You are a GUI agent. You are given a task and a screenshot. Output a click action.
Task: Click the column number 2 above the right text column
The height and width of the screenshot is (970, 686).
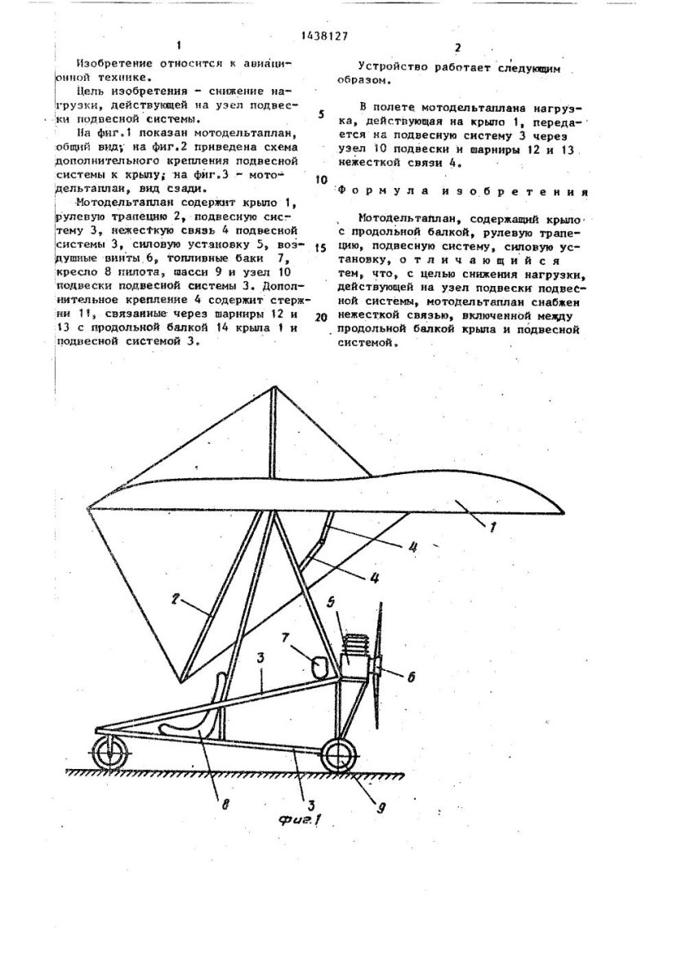click(458, 47)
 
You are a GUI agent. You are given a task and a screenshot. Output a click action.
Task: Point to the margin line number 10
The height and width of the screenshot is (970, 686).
click(322, 180)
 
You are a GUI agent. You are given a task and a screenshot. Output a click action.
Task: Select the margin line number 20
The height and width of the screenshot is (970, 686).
click(320, 315)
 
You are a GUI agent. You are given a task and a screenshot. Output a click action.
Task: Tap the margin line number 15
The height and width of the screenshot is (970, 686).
click(321, 247)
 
